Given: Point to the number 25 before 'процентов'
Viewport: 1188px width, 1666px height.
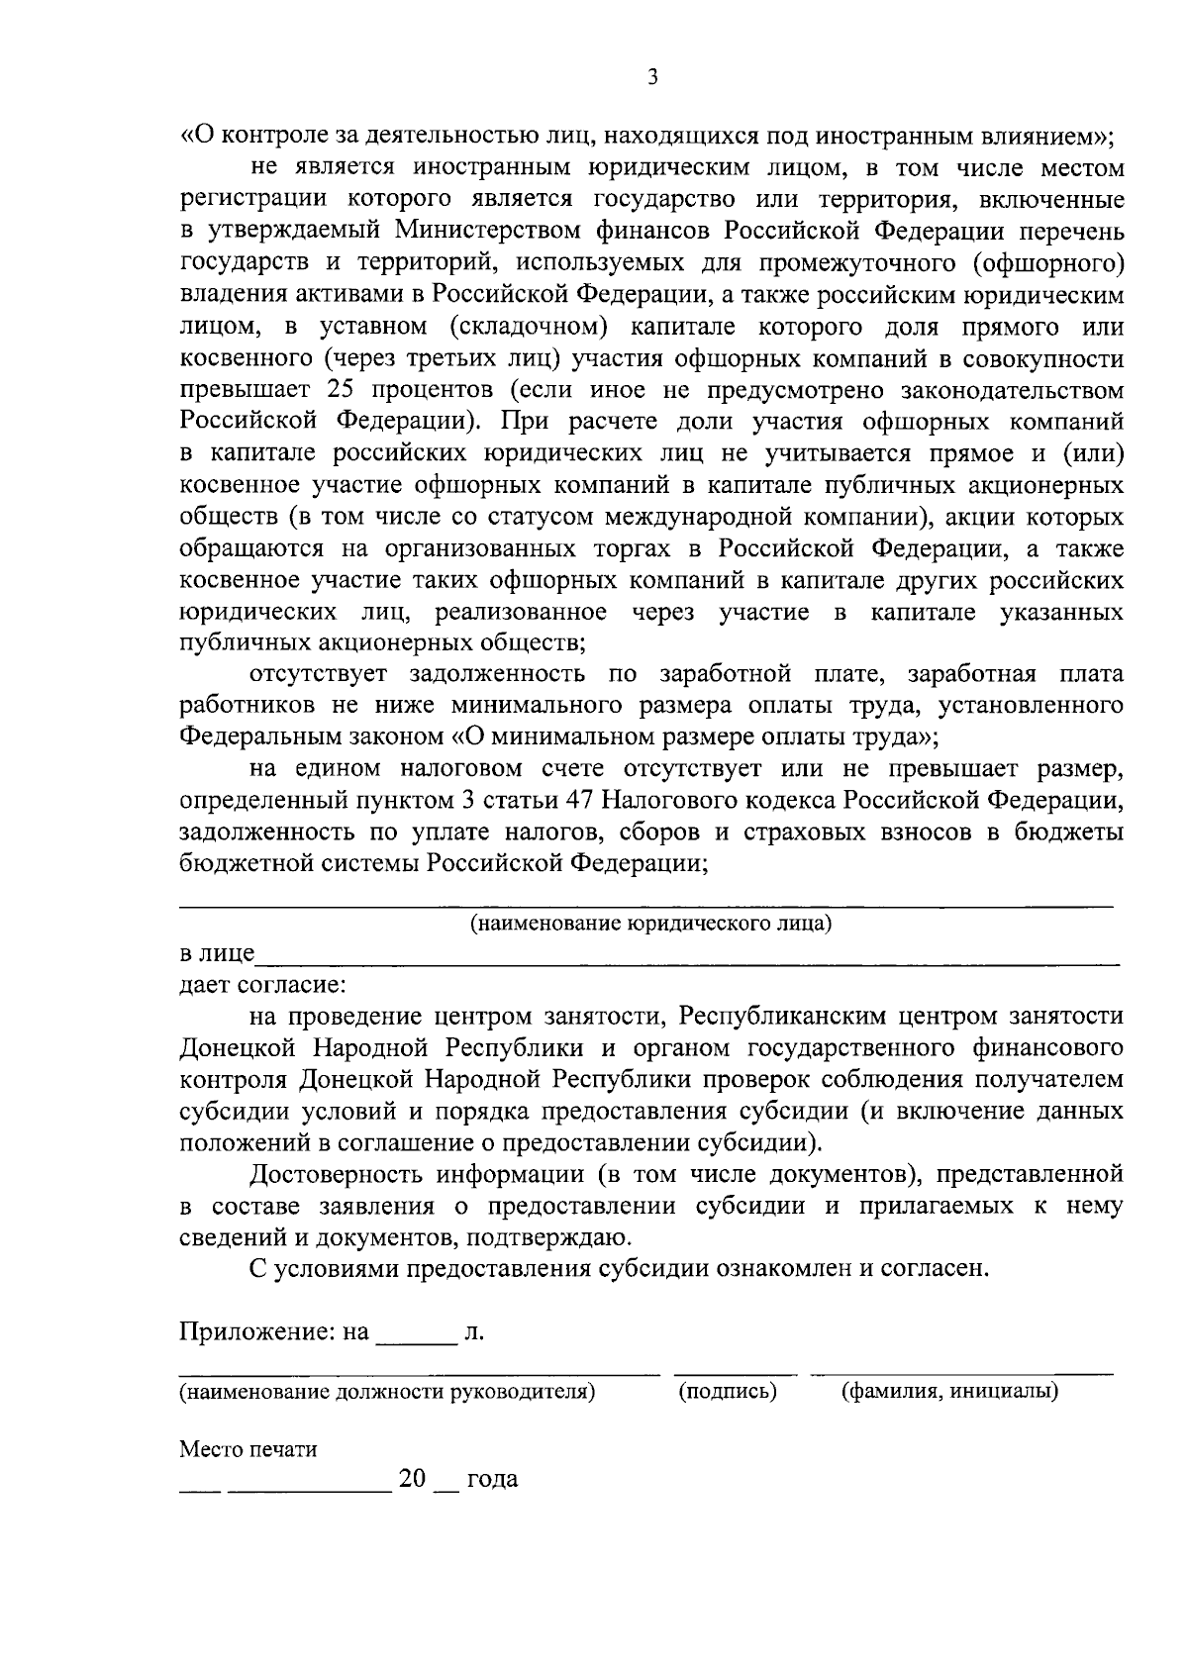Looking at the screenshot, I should [342, 390].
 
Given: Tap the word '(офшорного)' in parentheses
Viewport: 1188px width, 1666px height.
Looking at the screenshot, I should [1048, 263].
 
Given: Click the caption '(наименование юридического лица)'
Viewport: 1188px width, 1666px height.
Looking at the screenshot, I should [650, 925].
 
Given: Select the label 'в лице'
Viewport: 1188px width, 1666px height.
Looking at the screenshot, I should [216, 954].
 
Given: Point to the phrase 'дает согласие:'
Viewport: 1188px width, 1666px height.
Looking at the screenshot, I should [262, 986].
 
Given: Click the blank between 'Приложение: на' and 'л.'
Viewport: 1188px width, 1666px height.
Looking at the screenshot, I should [414, 1341].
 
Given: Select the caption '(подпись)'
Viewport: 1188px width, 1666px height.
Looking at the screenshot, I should [728, 1392].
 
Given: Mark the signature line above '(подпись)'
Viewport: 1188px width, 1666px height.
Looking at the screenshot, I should [735, 1374].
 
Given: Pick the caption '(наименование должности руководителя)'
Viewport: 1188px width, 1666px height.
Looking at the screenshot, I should [387, 1392].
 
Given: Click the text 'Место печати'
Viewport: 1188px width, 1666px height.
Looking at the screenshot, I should [247, 1450].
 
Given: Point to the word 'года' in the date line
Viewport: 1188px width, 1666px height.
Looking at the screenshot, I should [491, 1480].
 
